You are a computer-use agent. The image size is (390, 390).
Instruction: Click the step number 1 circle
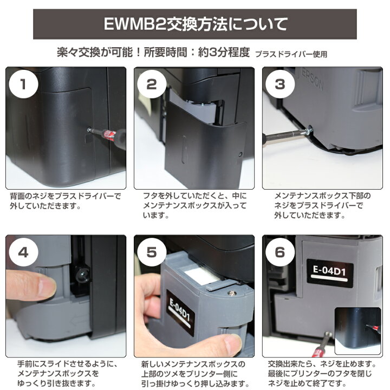[x=23, y=84]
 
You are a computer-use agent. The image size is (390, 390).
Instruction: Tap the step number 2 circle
[x=151, y=84]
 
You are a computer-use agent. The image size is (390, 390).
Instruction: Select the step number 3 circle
[x=279, y=84]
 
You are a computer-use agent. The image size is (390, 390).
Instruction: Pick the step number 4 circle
[x=23, y=252]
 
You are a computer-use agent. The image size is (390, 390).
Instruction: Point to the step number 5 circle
[x=151, y=252]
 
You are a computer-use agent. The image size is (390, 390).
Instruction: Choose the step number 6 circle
[x=279, y=252]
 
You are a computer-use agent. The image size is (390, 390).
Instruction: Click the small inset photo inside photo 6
[x=358, y=331]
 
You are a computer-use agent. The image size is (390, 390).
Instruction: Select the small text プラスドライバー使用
[x=291, y=54]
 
